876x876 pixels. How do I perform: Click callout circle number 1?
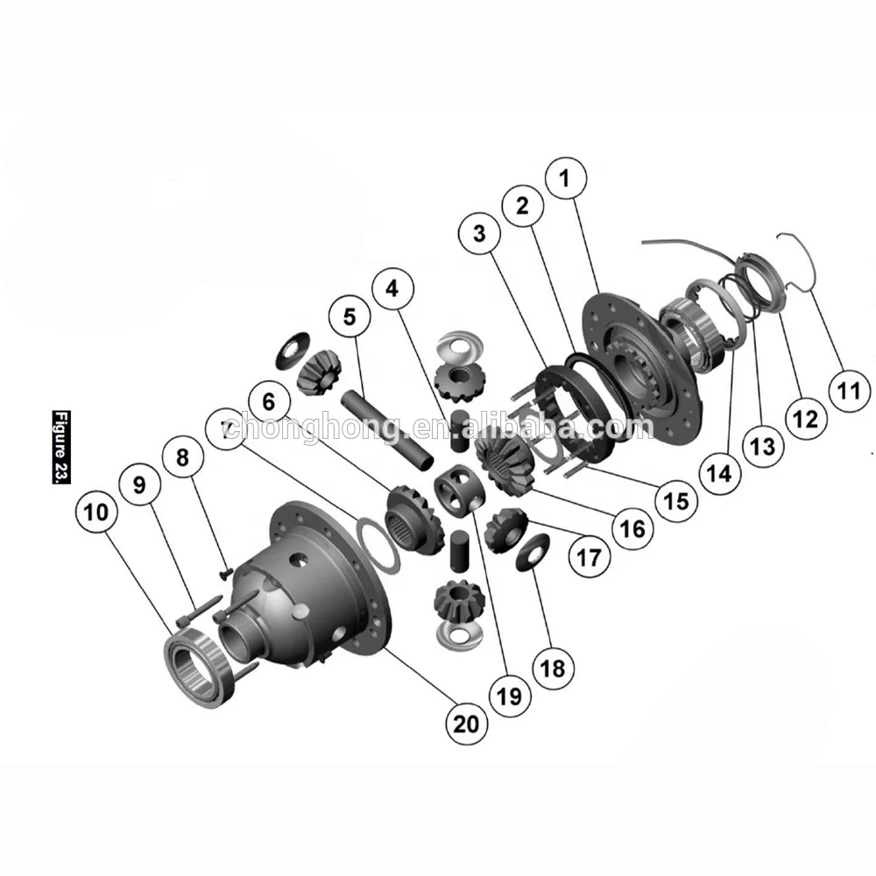pyautogui.click(x=564, y=179)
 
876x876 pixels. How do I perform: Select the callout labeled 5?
pyautogui.click(x=350, y=317)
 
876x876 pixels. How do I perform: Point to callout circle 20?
pyautogui.click(x=466, y=723)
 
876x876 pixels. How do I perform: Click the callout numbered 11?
pyautogui.click(x=848, y=391)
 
